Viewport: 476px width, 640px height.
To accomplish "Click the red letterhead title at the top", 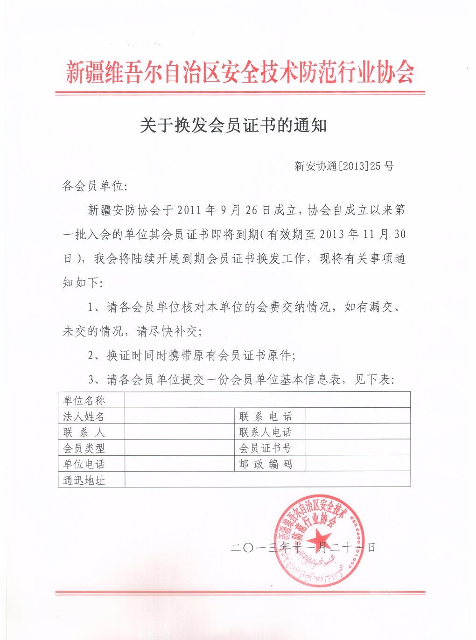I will coord(239,72).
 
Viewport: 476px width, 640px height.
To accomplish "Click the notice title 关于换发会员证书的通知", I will coord(233,125).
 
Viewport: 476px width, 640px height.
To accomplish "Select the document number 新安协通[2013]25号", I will coord(344,166).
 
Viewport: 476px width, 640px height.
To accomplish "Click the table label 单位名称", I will coord(84,400).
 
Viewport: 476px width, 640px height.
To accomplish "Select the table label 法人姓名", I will coord(84,416).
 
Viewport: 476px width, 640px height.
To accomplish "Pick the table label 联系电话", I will coord(266,416).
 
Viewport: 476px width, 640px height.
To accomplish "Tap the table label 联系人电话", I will coord(266,432).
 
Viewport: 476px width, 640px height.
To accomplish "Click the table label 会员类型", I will coord(84,448).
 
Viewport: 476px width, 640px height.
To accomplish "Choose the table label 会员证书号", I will coord(266,448).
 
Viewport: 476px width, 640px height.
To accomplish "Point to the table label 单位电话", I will coord(84,464).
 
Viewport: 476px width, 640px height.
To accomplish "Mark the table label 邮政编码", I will coord(266,464).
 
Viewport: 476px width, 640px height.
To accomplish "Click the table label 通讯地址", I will coord(84,480).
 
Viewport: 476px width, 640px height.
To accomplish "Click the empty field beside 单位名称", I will coord(267,400).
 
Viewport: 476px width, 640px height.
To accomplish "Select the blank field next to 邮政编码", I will coord(358,464).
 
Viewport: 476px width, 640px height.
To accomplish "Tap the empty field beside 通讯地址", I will coord(267,480).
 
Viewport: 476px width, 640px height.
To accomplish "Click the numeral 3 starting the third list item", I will coord(91,380).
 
